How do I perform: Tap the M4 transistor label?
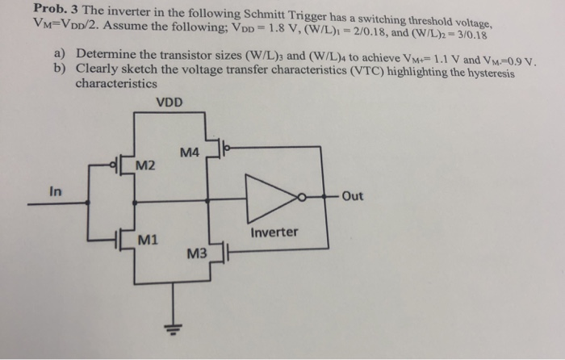190,153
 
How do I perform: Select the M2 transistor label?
147,166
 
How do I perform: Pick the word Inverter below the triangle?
274,232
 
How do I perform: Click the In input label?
55,192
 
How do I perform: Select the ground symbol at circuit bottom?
169,328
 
